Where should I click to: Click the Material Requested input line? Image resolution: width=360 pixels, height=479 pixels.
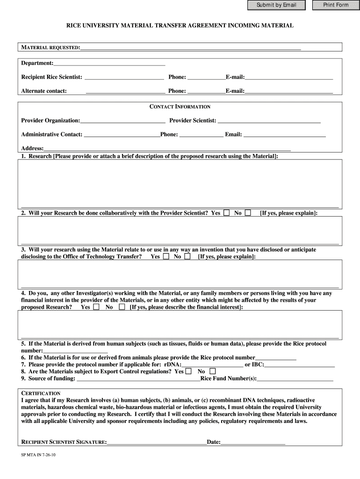[x=190, y=47]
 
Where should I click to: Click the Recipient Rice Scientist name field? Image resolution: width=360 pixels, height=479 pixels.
[x=124, y=77]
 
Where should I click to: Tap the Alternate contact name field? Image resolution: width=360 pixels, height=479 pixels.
[x=125, y=91]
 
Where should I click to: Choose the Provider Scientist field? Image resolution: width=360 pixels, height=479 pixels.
[x=269, y=121]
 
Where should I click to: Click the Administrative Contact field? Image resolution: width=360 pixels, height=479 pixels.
[x=122, y=135]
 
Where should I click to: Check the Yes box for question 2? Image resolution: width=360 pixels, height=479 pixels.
[x=227, y=213]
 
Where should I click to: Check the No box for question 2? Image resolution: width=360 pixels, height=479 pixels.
[x=248, y=213]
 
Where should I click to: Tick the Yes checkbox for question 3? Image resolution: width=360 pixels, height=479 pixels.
[x=166, y=256]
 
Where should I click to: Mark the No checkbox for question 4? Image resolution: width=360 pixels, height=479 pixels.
[x=122, y=307]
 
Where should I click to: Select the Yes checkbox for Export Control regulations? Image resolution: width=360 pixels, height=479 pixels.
[x=188, y=371]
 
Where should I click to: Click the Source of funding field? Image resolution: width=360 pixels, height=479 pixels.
[x=138, y=378]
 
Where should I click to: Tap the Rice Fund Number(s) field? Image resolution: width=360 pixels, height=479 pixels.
[x=295, y=378]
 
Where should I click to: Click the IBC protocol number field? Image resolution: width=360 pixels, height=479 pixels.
[x=300, y=364]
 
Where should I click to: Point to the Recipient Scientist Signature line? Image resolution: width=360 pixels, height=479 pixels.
[x=157, y=442]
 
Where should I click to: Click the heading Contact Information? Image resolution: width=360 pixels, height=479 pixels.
[x=180, y=107]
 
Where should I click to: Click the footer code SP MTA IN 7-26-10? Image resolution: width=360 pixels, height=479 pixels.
[x=39, y=454]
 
